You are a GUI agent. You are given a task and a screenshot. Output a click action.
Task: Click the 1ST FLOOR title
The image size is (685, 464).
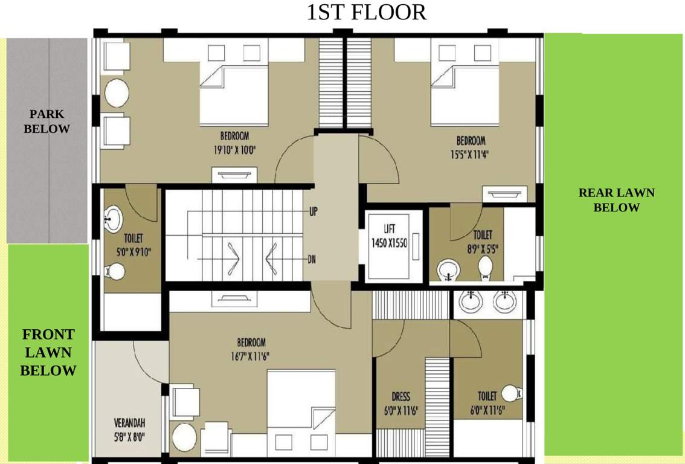point(367,13)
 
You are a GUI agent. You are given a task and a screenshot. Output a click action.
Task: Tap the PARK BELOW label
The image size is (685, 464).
point(47,121)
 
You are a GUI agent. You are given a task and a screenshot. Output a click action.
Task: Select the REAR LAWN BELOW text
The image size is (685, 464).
point(616,200)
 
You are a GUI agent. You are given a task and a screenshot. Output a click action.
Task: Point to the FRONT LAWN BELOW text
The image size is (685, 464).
point(48,352)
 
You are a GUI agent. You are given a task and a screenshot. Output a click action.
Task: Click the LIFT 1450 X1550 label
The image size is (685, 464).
point(389,236)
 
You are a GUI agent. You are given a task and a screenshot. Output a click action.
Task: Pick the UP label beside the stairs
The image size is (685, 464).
point(314,211)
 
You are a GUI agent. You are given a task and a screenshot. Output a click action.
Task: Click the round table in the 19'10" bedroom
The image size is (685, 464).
point(117,93)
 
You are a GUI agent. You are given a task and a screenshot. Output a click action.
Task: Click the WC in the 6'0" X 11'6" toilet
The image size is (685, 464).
point(511,393)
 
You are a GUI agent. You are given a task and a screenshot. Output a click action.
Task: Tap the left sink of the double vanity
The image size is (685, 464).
point(469,300)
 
